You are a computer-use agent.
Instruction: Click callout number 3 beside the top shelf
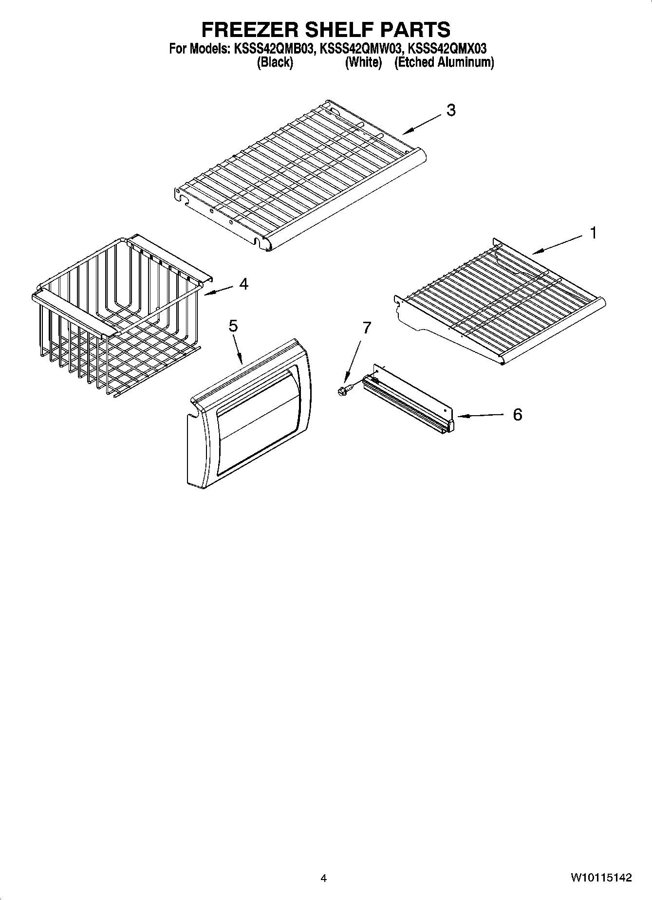[451, 110]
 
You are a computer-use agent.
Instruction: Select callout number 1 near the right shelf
[593, 234]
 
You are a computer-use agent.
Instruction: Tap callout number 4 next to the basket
[243, 284]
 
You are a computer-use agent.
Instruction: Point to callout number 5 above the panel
[233, 326]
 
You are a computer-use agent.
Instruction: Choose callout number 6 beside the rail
[517, 415]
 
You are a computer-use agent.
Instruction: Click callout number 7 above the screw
[367, 328]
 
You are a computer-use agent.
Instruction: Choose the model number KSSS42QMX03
[447, 49]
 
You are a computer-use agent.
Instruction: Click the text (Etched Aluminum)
[444, 62]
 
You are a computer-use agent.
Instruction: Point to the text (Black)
[275, 62]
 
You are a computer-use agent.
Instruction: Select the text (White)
[363, 62]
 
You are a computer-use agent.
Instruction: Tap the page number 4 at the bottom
[324, 879]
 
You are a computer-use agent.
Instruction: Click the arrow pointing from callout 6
[480, 416]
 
